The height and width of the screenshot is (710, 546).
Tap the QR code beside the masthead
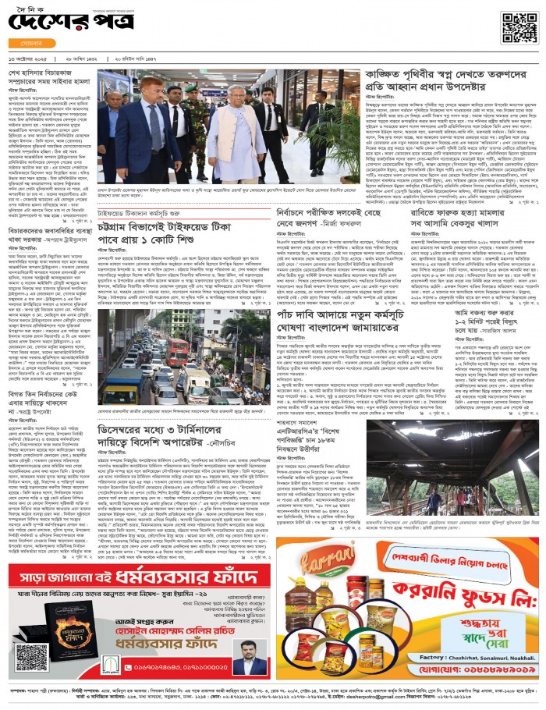pos(519,27)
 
